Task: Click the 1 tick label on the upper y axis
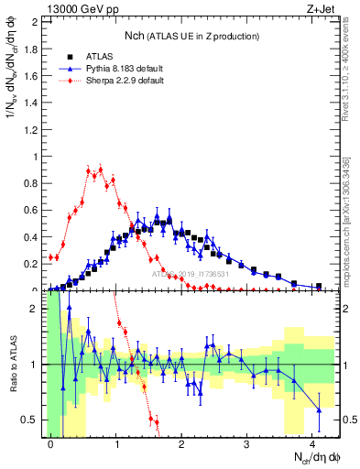tap(38, 157)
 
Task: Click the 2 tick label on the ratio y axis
tap(38, 309)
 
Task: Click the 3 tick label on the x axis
tap(247, 442)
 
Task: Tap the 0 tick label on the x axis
tap(50, 442)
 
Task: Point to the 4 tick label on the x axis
tap(312, 442)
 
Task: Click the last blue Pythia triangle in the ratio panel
tap(319, 409)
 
